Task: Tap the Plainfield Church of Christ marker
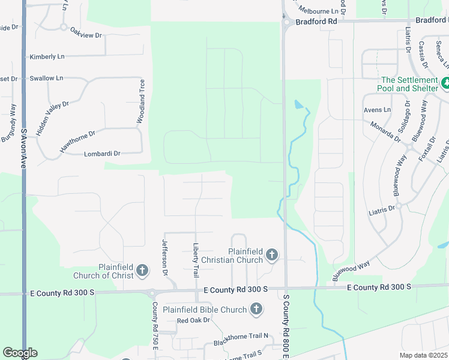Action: [142, 271]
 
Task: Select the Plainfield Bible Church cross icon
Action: [256, 310]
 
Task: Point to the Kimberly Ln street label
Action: [47, 57]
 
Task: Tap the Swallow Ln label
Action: [46, 79]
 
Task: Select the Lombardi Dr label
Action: [102, 154]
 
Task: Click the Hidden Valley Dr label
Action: [53, 118]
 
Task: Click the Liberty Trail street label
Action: [196, 260]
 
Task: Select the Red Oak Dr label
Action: [193, 320]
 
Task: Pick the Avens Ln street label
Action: [377, 110]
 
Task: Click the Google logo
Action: [20, 353]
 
